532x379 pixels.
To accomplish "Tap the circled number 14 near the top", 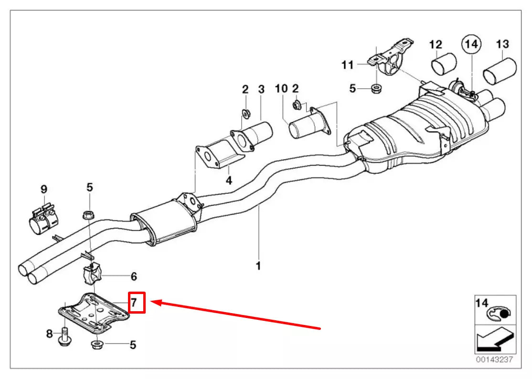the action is coord(471,44).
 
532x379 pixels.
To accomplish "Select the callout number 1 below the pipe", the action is coord(258,266).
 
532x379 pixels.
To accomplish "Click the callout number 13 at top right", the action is coord(502,44).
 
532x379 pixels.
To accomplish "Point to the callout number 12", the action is coord(436,44).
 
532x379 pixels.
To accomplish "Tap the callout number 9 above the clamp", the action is coord(43,188).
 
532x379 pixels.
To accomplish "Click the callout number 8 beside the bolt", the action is coord(49,334).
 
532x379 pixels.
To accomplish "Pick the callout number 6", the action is coord(134,276).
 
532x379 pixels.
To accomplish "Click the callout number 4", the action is coord(229,180).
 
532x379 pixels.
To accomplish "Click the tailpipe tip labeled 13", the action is coord(500,71).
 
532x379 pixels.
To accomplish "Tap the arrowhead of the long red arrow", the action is coord(154,302).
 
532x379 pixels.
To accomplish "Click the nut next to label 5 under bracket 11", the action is coord(376,88).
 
